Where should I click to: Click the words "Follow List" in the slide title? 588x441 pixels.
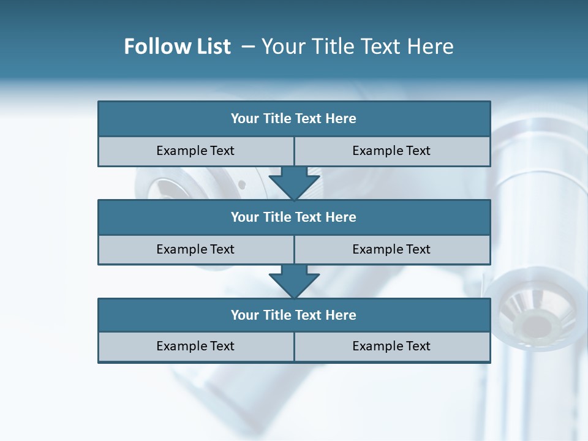(177, 47)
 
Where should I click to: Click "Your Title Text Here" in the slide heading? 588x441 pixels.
(357, 47)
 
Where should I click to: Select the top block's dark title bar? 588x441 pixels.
(294, 119)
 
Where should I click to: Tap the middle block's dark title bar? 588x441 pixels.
(294, 217)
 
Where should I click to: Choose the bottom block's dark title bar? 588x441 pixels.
(294, 315)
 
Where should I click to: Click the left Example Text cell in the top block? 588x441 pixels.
(195, 151)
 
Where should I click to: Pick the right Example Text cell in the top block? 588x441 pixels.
(391, 151)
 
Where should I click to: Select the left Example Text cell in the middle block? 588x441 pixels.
(195, 250)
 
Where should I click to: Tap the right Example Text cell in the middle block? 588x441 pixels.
(391, 250)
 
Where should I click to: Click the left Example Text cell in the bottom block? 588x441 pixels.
(195, 347)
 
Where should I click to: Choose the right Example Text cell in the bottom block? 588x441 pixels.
(391, 347)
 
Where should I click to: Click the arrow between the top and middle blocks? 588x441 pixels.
(294, 183)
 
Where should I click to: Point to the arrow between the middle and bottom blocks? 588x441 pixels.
(294, 282)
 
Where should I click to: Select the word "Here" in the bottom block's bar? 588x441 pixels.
(341, 315)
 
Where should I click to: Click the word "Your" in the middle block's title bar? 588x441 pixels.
(245, 217)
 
